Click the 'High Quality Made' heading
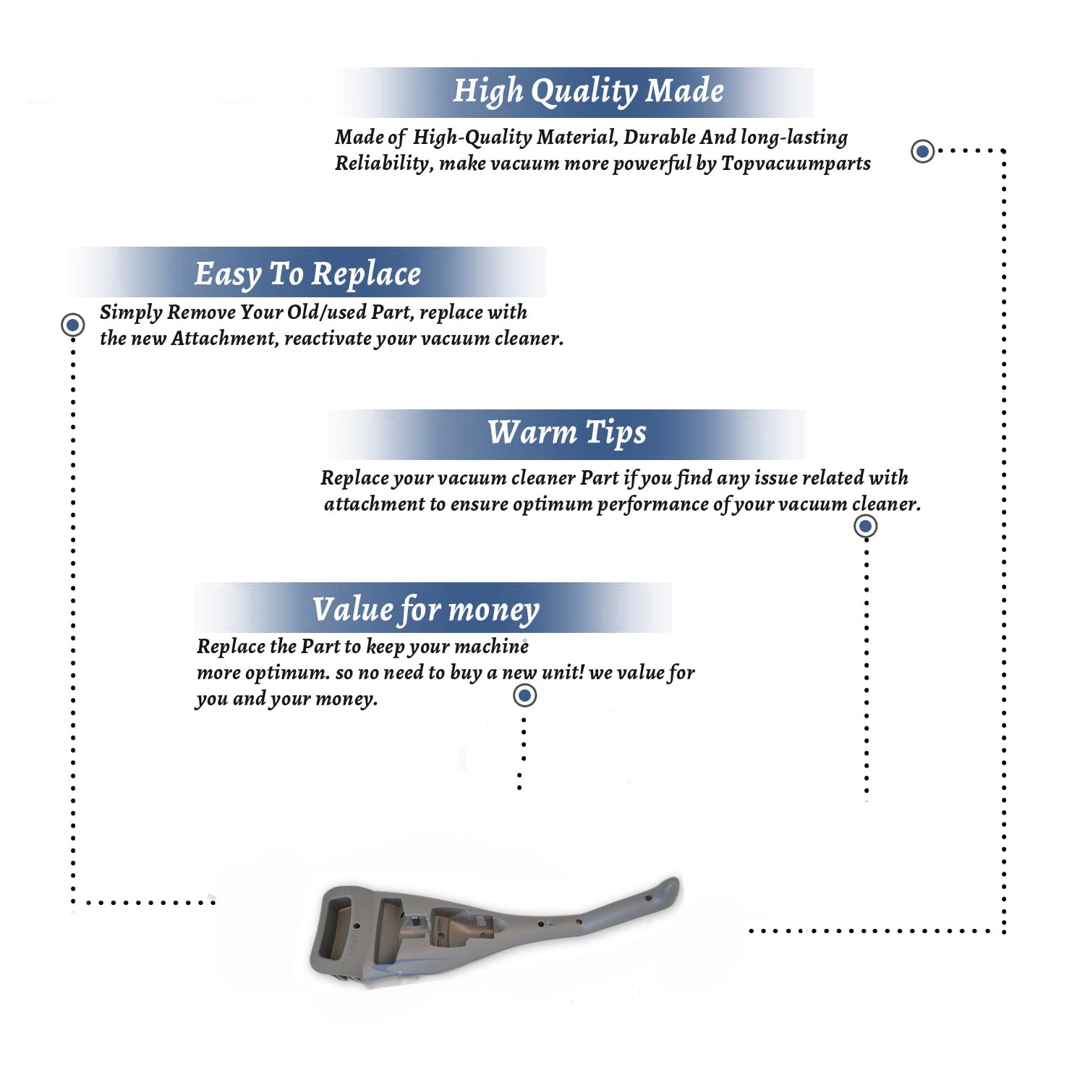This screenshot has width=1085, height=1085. [588, 92]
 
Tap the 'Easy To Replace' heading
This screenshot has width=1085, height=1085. [307, 275]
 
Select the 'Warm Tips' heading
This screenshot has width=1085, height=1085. [567, 433]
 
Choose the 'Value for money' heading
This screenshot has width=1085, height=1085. [426, 610]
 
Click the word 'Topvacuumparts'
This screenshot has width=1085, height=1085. [796, 163]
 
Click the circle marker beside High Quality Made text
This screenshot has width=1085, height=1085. [922, 151]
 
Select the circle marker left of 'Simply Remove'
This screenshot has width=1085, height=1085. [72, 325]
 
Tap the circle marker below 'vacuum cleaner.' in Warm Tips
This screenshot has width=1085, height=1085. [866, 526]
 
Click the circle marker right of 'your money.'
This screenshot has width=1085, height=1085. [524, 696]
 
